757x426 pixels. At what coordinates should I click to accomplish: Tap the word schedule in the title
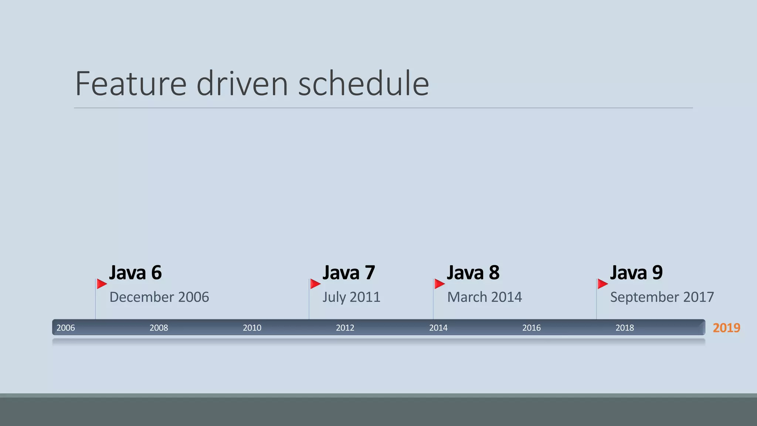[x=363, y=84]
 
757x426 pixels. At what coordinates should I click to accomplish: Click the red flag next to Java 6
[x=101, y=284]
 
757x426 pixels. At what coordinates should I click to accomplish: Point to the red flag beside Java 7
[x=315, y=284]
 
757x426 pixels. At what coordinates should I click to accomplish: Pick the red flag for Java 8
[x=439, y=284]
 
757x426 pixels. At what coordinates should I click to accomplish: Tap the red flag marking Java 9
[x=602, y=284]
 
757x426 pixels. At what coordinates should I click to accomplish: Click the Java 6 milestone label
[x=135, y=273]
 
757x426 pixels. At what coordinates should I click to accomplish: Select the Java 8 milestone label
[x=473, y=273]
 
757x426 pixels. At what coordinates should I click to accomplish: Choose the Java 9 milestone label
[x=636, y=273]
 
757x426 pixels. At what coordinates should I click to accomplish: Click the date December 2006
[x=159, y=297]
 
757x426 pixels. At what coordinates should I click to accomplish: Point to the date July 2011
[x=351, y=297]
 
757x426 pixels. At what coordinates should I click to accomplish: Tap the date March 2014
[x=485, y=297]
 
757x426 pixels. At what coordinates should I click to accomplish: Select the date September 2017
[x=662, y=297]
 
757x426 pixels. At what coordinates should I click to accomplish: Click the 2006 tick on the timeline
[x=66, y=328]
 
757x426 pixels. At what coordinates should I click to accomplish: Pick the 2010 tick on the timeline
[x=252, y=328]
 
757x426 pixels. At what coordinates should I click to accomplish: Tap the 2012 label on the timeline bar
[x=345, y=328]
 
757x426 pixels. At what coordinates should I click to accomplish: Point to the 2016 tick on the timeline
[x=532, y=328]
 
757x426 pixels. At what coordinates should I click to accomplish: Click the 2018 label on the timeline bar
[x=625, y=328]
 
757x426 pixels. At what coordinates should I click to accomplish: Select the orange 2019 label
[x=726, y=328]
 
